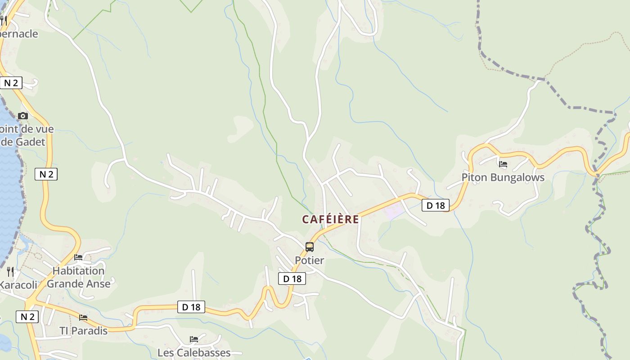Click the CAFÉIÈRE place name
pyautogui.click(x=331, y=219)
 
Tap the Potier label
pyautogui.click(x=309, y=260)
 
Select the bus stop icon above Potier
pyautogui.click(x=310, y=247)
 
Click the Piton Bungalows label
pyautogui.click(x=503, y=177)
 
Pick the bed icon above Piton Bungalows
pyautogui.click(x=503, y=164)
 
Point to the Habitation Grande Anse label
pyautogui.click(x=78, y=277)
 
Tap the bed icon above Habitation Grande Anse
pyautogui.click(x=78, y=257)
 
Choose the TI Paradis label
pyautogui.click(x=84, y=331)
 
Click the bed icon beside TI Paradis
pyautogui.click(x=83, y=318)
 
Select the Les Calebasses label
pyautogui.click(x=194, y=352)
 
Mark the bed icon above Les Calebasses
pyautogui.click(x=194, y=339)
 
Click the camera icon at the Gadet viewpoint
pyautogui.click(x=23, y=116)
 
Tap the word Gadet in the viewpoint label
pyautogui.click(x=30, y=142)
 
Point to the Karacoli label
pyautogui.click(x=18, y=285)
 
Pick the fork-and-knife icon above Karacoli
pyautogui.click(x=10, y=271)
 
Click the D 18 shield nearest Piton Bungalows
pyautogui.click(x=436, y=206)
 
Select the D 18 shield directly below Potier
pyautogui.click(x=292, y=279)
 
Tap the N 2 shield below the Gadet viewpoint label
pyautogui.click(x=46, y=174)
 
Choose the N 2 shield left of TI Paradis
pyautogui.click(x=27, y=317)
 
